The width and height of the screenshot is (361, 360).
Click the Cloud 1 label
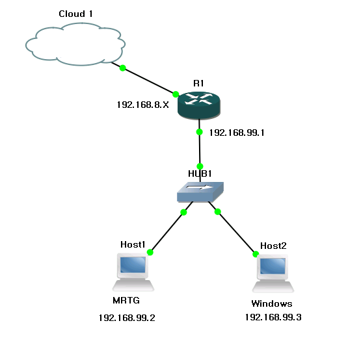tap(75, 14)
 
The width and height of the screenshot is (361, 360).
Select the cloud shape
tap(75, 44)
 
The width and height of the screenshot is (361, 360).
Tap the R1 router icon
tap(199, 105)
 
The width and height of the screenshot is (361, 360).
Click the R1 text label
tap(198, 83)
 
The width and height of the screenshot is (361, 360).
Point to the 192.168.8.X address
tap(143, 105)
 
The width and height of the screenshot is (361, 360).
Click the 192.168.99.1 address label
tap(237, 133)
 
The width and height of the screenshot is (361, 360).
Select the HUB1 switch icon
tap(200, 192)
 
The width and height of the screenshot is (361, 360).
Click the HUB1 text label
tap(200, 174)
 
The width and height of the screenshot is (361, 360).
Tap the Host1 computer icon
tap(133, 272)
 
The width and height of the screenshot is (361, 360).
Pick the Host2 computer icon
tap(273, 274)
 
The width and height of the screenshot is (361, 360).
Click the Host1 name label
tap(133, 244)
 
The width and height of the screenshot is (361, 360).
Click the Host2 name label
tap(273, 246)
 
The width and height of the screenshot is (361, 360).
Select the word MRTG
tap(126, 300)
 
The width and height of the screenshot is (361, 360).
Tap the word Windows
tap(272, 303)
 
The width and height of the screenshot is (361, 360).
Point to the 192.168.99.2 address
tap(127, 318)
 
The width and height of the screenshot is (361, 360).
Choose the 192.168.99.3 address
tap(273, 317)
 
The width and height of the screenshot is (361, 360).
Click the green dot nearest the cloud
tap(123, 68)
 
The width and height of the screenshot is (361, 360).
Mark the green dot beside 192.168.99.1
tap(200, 132)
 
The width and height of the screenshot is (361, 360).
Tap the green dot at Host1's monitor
tap(150, 252)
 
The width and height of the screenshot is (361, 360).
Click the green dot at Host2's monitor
tap(256, 254)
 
